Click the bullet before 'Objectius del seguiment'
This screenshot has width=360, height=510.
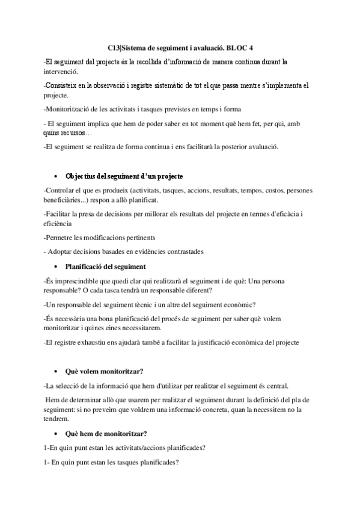[x=55, y=176]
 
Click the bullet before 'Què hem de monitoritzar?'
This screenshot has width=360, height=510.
[x=55, y=434]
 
